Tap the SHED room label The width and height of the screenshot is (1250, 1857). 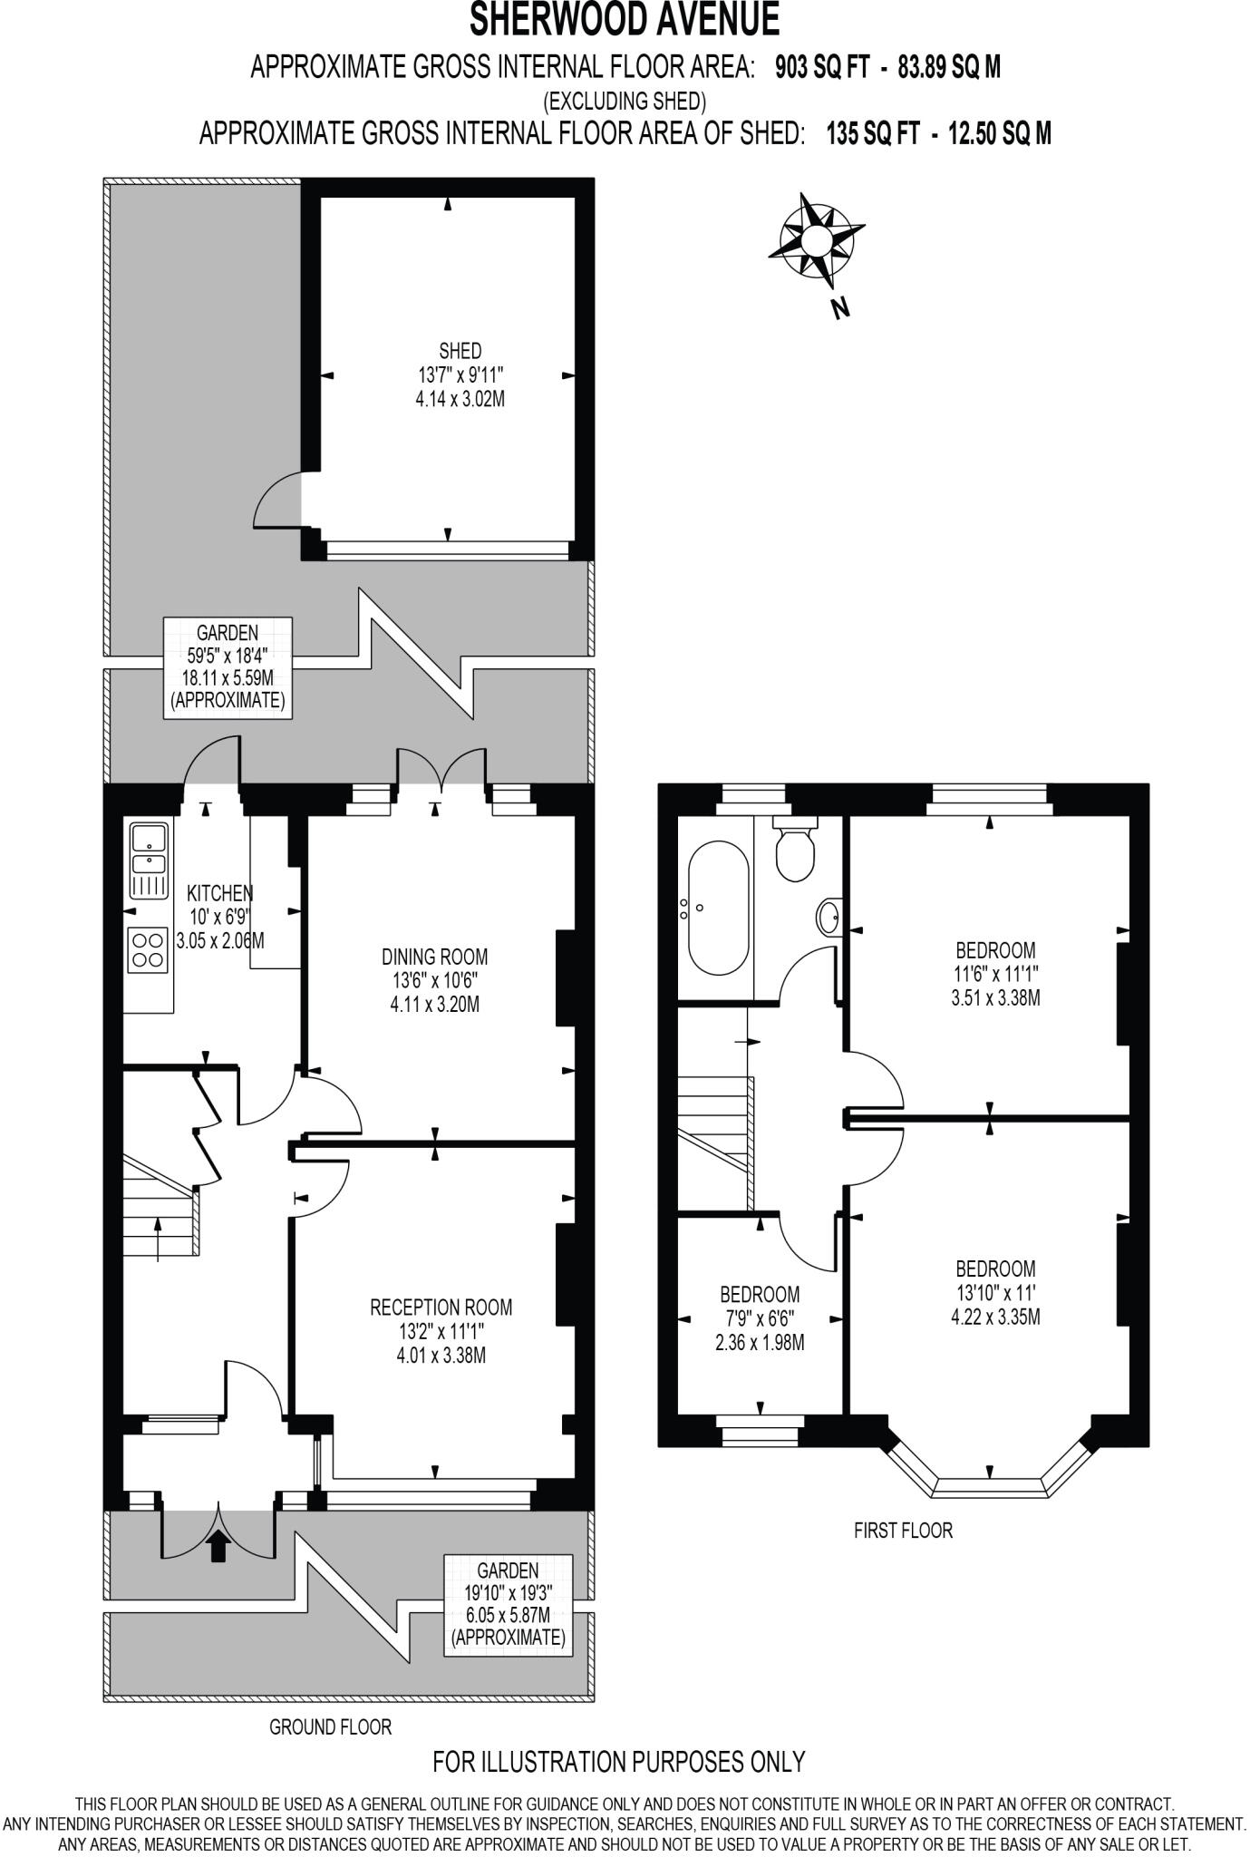(460, 351)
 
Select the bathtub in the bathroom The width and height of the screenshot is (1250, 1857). (718, 909)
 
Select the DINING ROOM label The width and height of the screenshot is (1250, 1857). (434, 957)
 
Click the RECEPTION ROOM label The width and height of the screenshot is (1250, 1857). (441, 1308)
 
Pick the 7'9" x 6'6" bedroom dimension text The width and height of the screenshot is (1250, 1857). (760, 1317)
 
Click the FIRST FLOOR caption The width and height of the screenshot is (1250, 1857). (903, 1531)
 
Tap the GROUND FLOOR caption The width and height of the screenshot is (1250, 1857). (330, 1727)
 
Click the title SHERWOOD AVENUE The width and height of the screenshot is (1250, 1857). (625, 20)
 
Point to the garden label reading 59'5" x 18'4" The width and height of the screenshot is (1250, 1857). (228, 655)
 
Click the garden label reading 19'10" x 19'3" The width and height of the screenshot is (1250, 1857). (508, 1593)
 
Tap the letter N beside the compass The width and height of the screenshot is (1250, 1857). (840, 309)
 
